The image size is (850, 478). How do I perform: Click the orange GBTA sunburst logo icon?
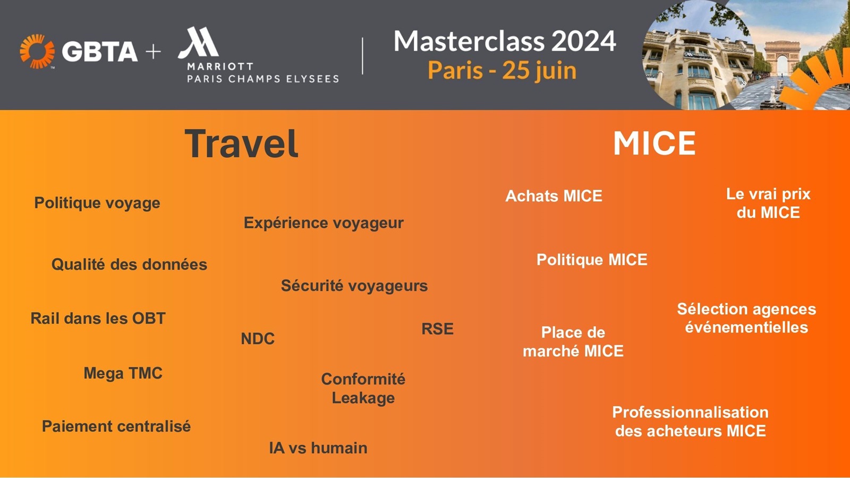[x=37, y=52]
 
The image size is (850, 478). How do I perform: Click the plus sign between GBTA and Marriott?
[x=153, y=52]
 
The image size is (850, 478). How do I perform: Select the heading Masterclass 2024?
[x=504, y=41]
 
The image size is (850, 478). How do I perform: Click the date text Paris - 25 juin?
[x=502, y=71]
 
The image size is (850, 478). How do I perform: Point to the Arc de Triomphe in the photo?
[x=782, y=58]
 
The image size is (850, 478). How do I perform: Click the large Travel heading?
[x=242, y=144]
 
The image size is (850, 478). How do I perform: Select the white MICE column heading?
[x=654, y=143]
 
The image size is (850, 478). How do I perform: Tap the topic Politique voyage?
[x=97, y=203]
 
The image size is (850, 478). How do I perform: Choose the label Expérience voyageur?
[x=324, y=223]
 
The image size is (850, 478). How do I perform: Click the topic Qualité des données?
[x=129, y=264]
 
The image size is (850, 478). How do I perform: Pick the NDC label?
[x=258, y=339]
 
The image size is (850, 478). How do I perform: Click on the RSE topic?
[x=437, y=329]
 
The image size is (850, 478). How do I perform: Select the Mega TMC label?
[x=123, y=373]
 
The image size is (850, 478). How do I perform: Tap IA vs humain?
[x=318, y=448]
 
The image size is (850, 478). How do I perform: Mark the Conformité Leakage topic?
[x=363, y=388]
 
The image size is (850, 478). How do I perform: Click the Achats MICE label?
[x=554, y=196]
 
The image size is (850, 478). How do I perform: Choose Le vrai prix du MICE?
[x=768, y=203]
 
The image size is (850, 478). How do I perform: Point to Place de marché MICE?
[x=573, y=342]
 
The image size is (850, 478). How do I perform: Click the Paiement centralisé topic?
[x=116, y=426]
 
